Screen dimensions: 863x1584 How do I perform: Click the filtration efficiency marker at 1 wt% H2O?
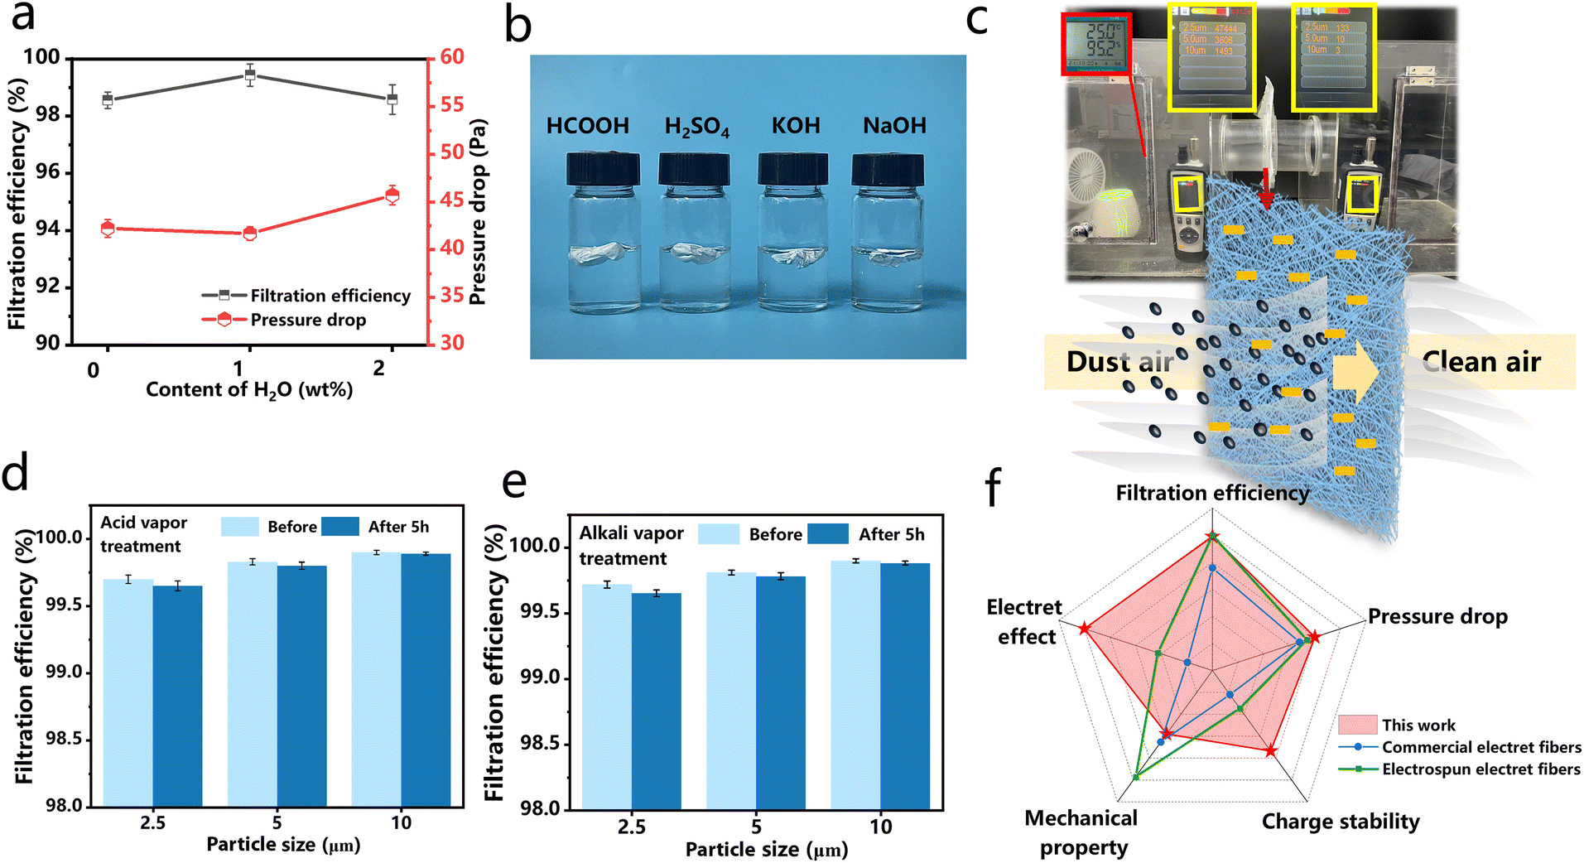pos(250,75)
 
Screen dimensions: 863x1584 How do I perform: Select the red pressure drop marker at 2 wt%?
pos(392,195)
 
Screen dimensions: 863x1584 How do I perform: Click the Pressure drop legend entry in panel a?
pos(307,320)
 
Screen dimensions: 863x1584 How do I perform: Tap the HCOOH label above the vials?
pos(587,126)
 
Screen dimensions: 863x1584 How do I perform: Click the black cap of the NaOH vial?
pos(888,170)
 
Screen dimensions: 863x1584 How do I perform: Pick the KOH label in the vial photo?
pos(796,126)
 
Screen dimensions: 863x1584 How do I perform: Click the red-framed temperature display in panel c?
pos(1096,43)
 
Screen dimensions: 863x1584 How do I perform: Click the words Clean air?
pos(1480,362)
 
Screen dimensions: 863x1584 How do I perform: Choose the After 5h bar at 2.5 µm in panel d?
pos(177,696)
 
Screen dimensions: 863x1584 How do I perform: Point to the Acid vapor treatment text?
pos(143,534)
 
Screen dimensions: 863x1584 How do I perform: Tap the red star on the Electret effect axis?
pos(1085,629)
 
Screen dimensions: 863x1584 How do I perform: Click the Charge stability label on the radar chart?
pos(1340,822)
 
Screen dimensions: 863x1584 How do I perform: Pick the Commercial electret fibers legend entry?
pos(1480,747)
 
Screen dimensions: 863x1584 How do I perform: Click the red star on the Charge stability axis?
pos(1270,751)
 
